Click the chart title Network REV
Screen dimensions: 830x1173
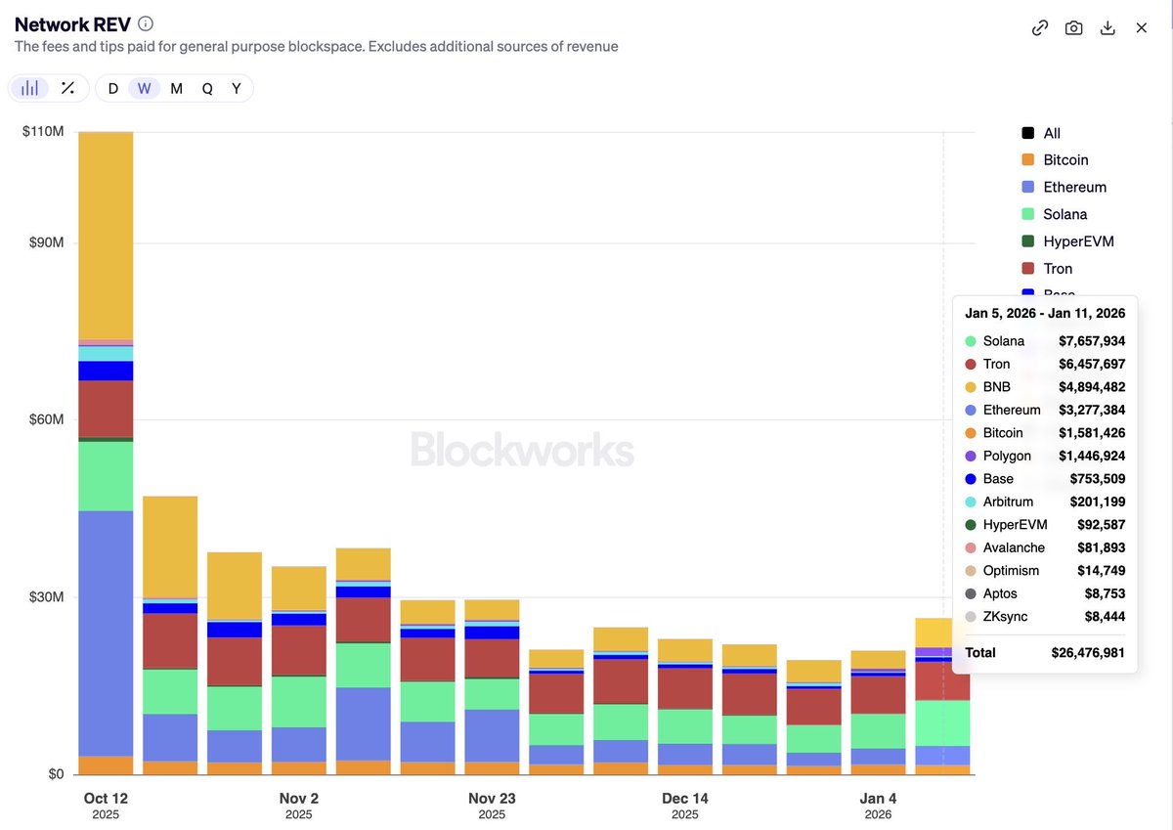pos(72,24)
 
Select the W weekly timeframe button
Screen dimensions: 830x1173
pos(144,88)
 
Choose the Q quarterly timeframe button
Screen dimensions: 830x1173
pos(207,88)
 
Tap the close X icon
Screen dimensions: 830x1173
pos(1141,27)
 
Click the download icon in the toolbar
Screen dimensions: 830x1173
pos(1108,27)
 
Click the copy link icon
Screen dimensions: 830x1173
pos(1040,27)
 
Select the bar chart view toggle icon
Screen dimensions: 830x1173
pos(30,88)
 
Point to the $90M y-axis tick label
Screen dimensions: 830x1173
pos(43,242)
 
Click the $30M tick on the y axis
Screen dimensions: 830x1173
pos(43,597)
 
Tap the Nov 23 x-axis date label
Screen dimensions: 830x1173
pos(492,798)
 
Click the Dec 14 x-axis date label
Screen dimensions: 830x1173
pos(685,798)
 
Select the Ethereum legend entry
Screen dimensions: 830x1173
pos(1074,187)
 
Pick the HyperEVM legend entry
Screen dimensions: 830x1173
pos(1078,241)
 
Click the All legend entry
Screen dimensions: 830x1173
pos(1052,133)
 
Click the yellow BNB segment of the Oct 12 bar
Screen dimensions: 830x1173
pos(106,235)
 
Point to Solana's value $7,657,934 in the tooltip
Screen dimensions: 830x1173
pos(1091,341)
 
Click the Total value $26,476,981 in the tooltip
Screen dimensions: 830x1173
pos(1088,652)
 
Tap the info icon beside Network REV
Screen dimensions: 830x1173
pos(146,24)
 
